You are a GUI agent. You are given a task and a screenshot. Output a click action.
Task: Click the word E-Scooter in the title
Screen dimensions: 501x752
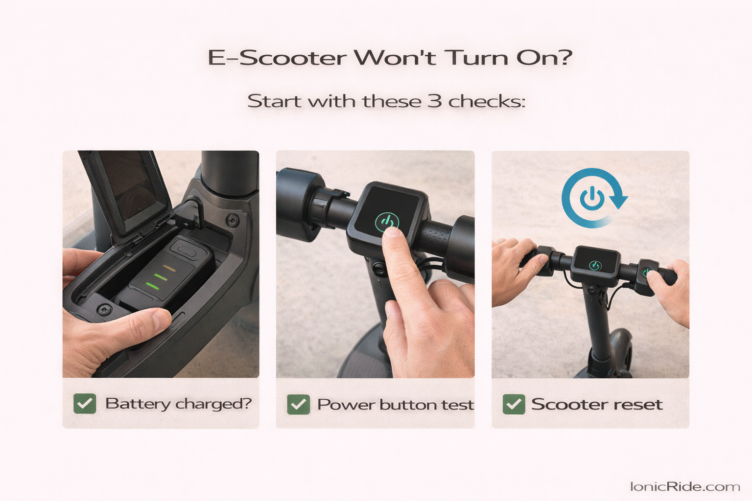(x=277, y=58)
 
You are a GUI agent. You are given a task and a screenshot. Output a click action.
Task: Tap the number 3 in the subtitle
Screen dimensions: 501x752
(x=435, y=101)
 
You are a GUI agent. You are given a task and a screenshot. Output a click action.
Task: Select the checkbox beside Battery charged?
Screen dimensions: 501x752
(x=85, y=404)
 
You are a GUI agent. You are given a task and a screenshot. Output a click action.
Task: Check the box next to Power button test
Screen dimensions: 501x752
(x=298, y=405)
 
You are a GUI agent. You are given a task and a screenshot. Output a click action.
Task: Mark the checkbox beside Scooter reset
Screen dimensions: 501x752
(x=514, y=405)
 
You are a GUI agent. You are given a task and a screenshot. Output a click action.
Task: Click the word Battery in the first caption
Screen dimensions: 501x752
(x=138, y=404)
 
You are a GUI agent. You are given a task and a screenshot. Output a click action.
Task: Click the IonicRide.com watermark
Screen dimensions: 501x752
(x=684, y=486)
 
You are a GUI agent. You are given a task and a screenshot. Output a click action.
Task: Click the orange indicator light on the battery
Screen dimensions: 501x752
(x=169, y=268)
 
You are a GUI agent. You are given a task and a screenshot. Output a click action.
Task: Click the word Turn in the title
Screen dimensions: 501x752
(x=476, y=58)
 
